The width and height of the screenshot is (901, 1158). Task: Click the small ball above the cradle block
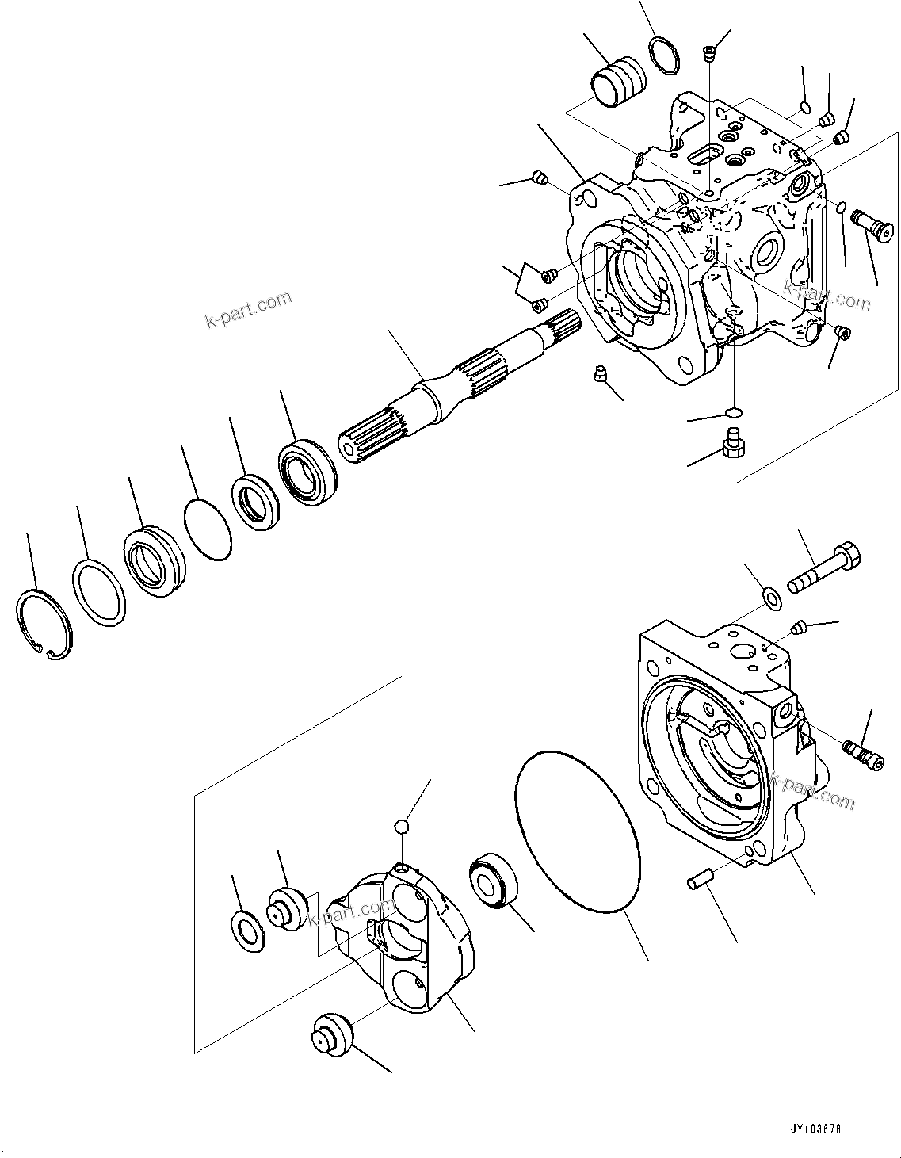point(402,827)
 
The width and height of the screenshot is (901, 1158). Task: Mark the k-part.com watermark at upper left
point(248,310)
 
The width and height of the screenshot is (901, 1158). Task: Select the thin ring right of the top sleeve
point(663,58)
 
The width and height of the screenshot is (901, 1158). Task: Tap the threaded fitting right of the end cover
point(863,752)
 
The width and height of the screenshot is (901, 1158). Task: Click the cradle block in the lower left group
point(404,943)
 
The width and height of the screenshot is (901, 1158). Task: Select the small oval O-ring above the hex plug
point(734,413)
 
